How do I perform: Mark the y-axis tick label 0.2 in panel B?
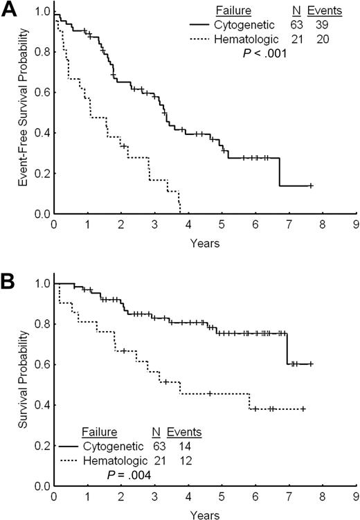[42, 445]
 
